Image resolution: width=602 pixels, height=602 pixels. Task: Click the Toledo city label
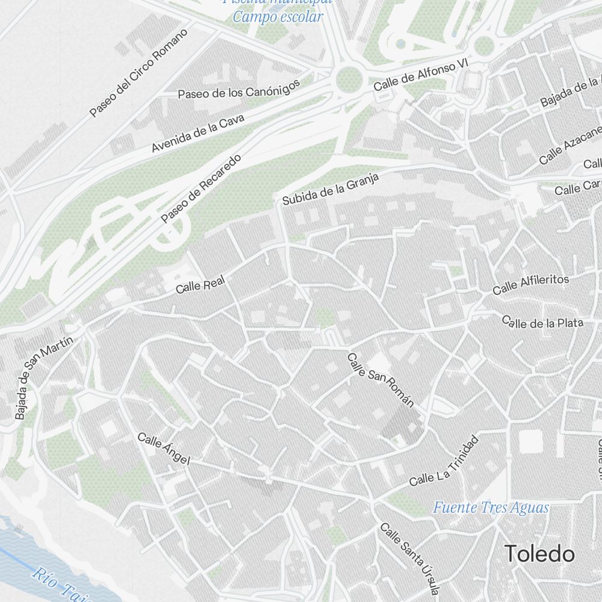click(x=539, y=553)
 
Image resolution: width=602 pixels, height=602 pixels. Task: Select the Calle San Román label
click(x=381, y=379)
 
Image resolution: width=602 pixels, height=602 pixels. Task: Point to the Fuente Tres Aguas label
click(x=491, y=507)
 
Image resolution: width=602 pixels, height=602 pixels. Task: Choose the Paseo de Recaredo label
click(x=201, y=188)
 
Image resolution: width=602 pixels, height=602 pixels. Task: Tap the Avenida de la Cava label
click(x=198, y=133)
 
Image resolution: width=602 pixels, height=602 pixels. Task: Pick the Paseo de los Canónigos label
click(x=238, y=90)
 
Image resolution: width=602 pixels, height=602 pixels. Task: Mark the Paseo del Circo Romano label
click(x=139, y=72)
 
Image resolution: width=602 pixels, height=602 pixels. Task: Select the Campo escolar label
click(x=278, y=16)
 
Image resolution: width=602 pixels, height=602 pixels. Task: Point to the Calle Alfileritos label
click(x=530, y=284)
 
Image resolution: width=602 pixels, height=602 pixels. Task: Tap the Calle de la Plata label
click(x=542, y=322)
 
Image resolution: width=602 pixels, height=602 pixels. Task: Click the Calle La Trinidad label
click(x=444, y=461)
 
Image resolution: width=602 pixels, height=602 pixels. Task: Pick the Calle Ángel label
click(x=164, y=449)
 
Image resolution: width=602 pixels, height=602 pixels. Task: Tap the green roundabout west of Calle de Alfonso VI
click(x=349, y=78)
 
